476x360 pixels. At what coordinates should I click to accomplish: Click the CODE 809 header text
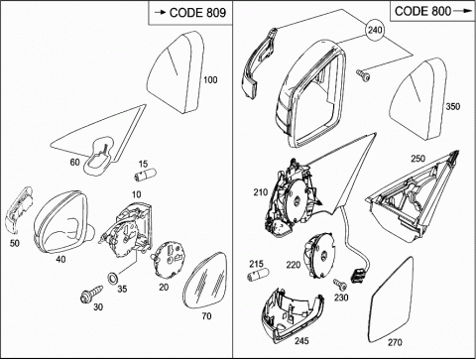tap(197, 13)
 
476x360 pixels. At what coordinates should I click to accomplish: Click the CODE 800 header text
tap(422, 11)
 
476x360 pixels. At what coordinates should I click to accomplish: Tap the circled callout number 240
tap(375, 30)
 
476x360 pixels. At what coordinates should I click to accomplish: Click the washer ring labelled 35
tap(113, 278)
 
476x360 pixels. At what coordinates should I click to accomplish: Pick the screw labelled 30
tap(91, 294)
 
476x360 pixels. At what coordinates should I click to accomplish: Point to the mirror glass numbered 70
tap(205, 281)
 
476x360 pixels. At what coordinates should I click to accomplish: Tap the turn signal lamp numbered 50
tap(18, 211)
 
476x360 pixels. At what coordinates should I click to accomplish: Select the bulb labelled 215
tap(259, 275)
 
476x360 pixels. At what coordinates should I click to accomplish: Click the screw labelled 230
tap(340, 284)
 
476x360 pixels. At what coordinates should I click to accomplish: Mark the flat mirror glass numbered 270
tap(392, 300)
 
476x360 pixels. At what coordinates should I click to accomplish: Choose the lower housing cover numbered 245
tap(291, 315)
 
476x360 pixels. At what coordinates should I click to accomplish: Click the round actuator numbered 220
tap(319, 255)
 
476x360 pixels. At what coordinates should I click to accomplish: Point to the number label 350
tap(453, 106)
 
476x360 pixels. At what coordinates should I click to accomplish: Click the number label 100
tap(210, 79)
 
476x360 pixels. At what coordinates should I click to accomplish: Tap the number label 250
tap(417, 159)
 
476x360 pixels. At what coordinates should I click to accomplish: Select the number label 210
tap(261, 192)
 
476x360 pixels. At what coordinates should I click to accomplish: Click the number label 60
tap(75, 162)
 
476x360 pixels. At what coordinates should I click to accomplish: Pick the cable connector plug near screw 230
tap(358, 275)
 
